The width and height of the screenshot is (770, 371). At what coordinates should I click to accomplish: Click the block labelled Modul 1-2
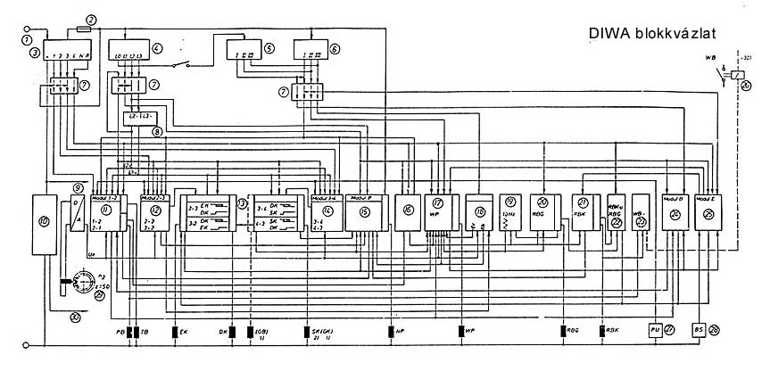point(111,212)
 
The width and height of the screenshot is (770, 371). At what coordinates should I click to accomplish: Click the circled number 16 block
point(408,211)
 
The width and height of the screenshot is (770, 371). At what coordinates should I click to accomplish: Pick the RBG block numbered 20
point(543,211)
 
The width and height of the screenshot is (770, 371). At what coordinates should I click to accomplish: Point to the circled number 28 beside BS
point(716,331)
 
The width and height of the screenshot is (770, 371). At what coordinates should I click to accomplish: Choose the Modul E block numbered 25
point(710,211)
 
